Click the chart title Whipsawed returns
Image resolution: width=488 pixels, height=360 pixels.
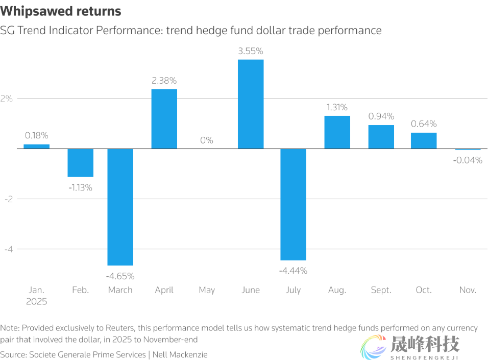(62, 11)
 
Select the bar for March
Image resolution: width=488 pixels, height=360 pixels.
(120, 207)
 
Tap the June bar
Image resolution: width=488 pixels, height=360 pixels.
(251, 104)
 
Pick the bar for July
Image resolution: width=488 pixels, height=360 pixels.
(294, 204)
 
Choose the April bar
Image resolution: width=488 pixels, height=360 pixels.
(164, 119)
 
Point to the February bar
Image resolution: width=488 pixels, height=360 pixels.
(81, 162)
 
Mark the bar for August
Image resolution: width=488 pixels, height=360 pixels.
(337, 132)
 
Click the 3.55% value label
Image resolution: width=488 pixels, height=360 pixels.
(251, 51)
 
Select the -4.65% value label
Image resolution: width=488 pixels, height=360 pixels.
(120, 276)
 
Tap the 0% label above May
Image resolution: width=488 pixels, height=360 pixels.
(207, 140)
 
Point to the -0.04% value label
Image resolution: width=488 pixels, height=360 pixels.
(468, 160)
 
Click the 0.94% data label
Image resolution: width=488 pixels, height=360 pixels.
(381, 116)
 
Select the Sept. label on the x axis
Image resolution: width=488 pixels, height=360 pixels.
(381, 290)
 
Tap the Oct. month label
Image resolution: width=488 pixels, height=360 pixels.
(424, 290)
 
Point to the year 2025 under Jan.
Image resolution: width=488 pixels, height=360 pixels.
(37, 301)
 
